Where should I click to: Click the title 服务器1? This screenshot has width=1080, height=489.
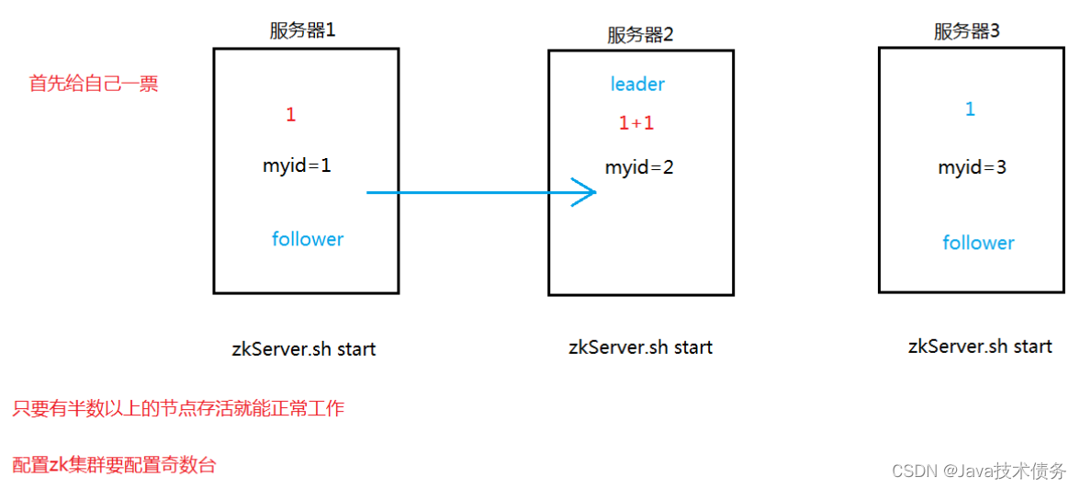[x=302, y=30]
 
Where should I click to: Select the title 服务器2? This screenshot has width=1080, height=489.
[x=640, y=35]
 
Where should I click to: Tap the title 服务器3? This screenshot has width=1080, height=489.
[x=966, y=31]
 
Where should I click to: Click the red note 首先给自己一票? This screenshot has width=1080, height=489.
[x=94, y=84]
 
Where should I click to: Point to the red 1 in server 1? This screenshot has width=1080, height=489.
[x=291, y=115]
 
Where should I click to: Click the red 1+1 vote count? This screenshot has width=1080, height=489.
[x=636, y=123]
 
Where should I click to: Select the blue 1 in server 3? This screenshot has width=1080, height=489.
[x=970, y=109]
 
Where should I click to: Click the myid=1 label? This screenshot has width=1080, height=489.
[x=297, y=166]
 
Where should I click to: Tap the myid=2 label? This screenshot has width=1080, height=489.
[x=639, y=168]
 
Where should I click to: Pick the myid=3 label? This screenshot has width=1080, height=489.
[x=972, y=168]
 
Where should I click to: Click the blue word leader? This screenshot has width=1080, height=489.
[x=637, y=85]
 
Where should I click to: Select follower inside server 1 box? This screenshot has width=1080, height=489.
[x=308, y=239]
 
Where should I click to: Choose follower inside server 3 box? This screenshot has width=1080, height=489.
[x=978, y=243]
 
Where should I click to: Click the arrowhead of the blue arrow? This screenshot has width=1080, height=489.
[x=588, y=193]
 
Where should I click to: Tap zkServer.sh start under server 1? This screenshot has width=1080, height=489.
[x=304, y=349]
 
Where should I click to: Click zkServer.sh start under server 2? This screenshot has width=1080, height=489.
[x=640, y=347]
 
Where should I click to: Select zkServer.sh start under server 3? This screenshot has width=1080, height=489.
[x=980, y=347]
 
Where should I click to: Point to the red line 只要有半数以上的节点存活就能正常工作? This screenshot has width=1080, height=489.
[x=178, y=408]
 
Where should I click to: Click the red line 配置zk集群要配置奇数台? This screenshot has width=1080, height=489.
[x=115, y=465]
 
